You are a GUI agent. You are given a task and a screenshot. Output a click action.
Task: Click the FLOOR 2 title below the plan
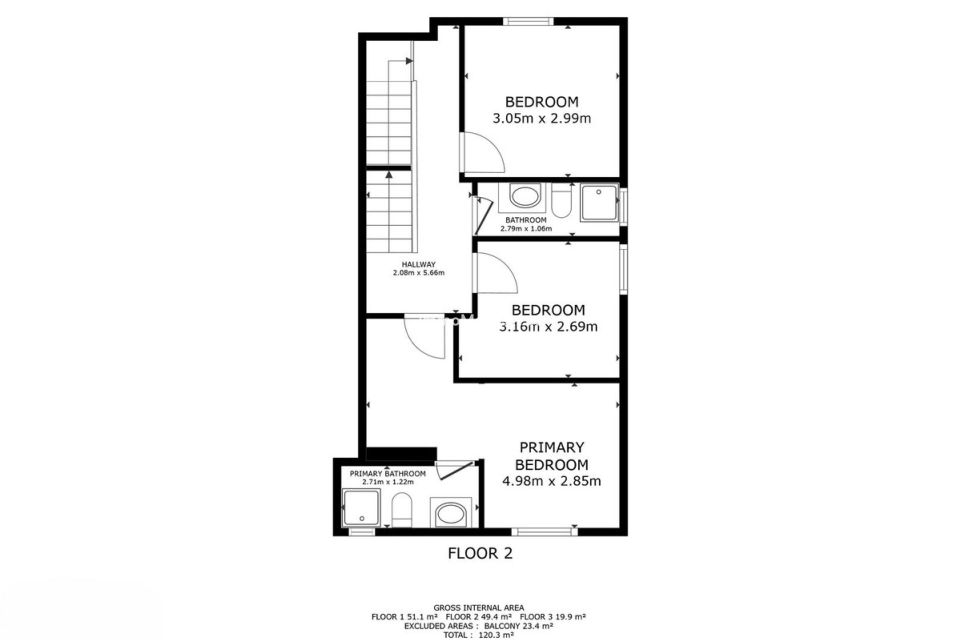(x=480, y=553)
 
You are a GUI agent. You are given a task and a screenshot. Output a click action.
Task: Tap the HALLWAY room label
(x=418, y=264)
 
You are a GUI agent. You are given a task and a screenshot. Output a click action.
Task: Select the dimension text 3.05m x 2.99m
(x=542, y=118)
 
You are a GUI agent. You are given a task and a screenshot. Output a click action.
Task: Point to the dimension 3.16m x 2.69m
(x=549, y=326)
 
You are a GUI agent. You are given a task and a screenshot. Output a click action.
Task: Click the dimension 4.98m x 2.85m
(x=551, y=481)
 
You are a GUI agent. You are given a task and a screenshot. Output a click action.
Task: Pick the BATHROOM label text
(x=526, y=220)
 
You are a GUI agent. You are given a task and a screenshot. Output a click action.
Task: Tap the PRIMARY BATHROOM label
(x=388, y=473)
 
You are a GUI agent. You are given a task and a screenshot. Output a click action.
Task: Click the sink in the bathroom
(x=526, y=195)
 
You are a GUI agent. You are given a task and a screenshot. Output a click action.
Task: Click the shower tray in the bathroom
(x=599, y=202)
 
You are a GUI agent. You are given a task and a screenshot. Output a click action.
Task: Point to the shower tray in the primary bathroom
(x=361, y=507)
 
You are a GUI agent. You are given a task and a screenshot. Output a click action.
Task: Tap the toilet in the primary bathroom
(x=401, y=510)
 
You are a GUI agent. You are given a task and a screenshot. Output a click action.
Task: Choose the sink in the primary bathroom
(x=451, y=513)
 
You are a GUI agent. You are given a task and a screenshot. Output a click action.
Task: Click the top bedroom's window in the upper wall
(x=528, y=21)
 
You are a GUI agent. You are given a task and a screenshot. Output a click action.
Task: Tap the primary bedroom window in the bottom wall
(x=545, y=532)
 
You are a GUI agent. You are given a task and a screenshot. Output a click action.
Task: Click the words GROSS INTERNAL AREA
(x=479, y=608)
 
